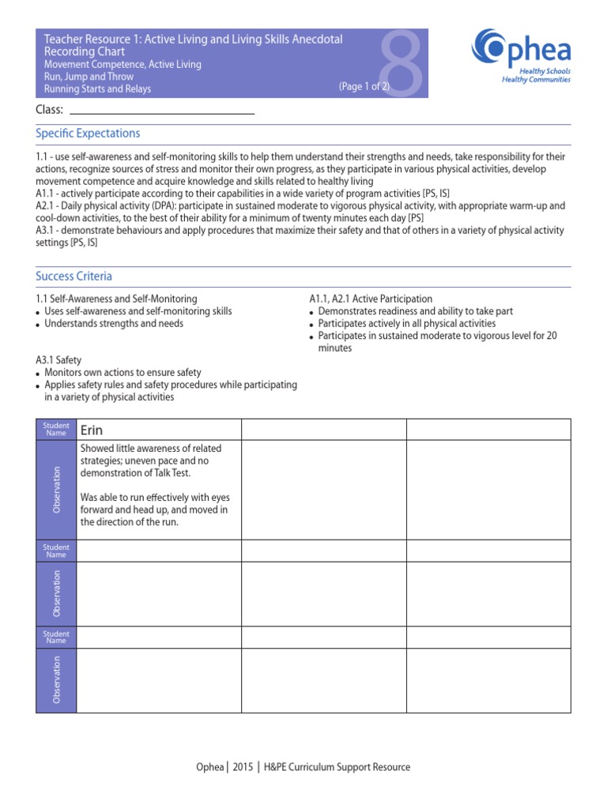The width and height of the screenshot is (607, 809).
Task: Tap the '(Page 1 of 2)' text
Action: point(364,87)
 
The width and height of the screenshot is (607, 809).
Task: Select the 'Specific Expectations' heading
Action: point(88,134)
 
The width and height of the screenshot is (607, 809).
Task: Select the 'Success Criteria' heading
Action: point(74,276)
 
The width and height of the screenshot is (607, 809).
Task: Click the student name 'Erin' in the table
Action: point(91,430)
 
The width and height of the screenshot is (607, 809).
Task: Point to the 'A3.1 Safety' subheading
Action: point(58,359)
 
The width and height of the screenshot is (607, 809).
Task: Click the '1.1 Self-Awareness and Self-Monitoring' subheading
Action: point(116,299)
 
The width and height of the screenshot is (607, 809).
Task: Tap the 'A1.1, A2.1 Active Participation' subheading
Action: point(371,299)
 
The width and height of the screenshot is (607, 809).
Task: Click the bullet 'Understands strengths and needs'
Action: point(113,323)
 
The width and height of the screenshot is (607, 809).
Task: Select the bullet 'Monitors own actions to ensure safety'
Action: point(123,372)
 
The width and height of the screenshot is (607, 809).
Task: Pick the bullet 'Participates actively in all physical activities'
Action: point(406,323)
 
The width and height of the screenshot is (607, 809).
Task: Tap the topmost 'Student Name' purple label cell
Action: point(56,430)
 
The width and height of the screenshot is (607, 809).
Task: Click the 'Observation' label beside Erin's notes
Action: point(56,490)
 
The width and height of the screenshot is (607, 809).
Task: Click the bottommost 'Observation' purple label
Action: point(56,680)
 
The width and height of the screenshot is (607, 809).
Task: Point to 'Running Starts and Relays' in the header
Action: point(97,89)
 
